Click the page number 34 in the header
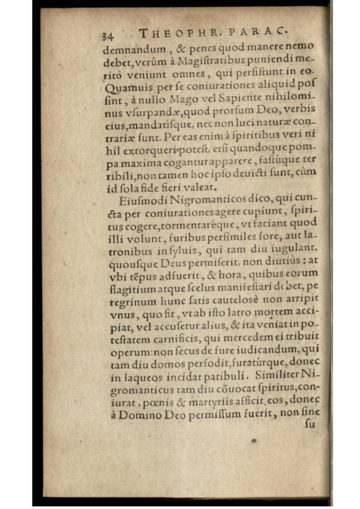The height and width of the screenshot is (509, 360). pyautogui.click(x=107, y=37)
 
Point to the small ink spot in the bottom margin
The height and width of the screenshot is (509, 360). pyautogui.click(x=254, y=441)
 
